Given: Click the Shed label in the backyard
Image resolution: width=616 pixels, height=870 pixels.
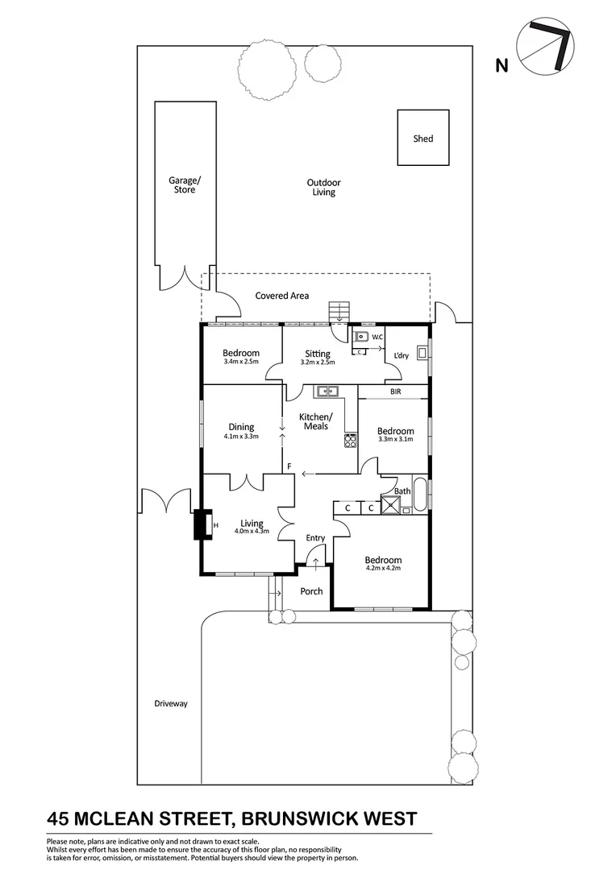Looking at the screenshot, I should click(x=423, y=139).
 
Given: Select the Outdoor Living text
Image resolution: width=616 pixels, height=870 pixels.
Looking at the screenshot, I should click(x=323, y=188).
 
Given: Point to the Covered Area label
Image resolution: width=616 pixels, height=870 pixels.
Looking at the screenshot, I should click(x=282, y=296).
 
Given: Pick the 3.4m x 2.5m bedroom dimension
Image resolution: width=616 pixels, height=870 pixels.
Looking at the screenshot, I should click(x=241, y=362).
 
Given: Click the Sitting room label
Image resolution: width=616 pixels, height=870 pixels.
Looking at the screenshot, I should click(x=318, y=354).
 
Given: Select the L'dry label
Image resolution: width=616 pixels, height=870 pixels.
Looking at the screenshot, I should click(x=402, y=356).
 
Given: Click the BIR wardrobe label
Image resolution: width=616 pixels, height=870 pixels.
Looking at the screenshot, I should click(x=395, y=392).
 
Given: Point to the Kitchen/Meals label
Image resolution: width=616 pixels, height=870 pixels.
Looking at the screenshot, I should click(x=315, y=421).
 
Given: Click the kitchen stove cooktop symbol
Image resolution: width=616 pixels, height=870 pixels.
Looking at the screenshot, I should click(x=351, y=440).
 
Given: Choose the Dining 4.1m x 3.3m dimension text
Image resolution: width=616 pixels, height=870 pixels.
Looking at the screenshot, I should click(x=241, y=437).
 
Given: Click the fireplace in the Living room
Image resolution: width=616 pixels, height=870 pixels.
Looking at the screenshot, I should click(x=202, y=527).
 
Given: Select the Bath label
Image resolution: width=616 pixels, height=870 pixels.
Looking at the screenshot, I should click(x=402, y=491).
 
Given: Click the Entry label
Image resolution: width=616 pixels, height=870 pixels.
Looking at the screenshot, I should click(x=315, y=538).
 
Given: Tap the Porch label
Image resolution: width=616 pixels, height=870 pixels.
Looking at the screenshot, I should click(x=311, y=591).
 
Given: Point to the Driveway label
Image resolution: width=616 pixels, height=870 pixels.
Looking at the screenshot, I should click(x=170, y=703).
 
